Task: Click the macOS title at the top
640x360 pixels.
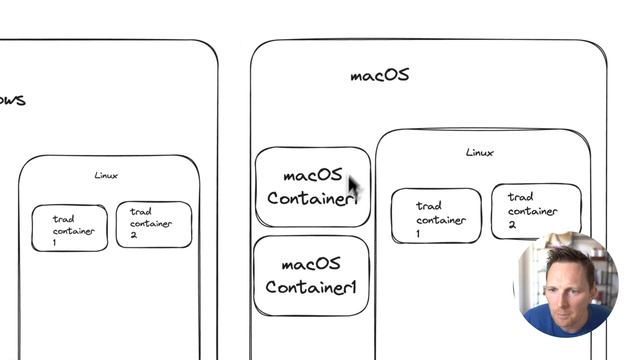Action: pos(379,75)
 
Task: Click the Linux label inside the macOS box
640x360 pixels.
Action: pos(479,153)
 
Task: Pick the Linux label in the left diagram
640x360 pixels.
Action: pos(106,176)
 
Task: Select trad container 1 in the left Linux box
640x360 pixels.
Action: pos(69,229)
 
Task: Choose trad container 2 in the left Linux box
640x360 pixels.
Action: pos(153,223)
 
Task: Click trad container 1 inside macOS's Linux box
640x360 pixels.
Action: pos(435,215)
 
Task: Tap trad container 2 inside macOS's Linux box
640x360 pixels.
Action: pos(535,210)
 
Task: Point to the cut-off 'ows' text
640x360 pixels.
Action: pos(12,100)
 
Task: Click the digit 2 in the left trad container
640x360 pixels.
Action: pos(134,235)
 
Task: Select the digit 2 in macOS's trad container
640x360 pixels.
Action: pos(512,225)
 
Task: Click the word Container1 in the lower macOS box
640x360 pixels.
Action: pos(311,287)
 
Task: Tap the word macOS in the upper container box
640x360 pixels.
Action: pos(312,176)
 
